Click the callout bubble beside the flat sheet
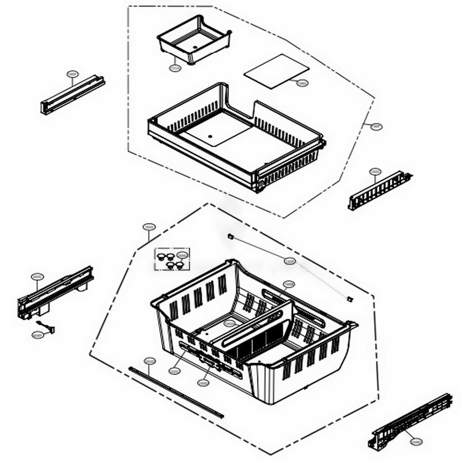click(x=302, y=83)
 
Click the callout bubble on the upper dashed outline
click(x=377, y=126)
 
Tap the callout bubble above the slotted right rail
click(x=375, y=171)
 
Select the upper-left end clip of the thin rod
click(x=230, y=236)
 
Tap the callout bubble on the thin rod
click(x=289, y=261)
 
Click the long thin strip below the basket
click(x=175, y=392)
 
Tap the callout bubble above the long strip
click(x=149, y=361)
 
